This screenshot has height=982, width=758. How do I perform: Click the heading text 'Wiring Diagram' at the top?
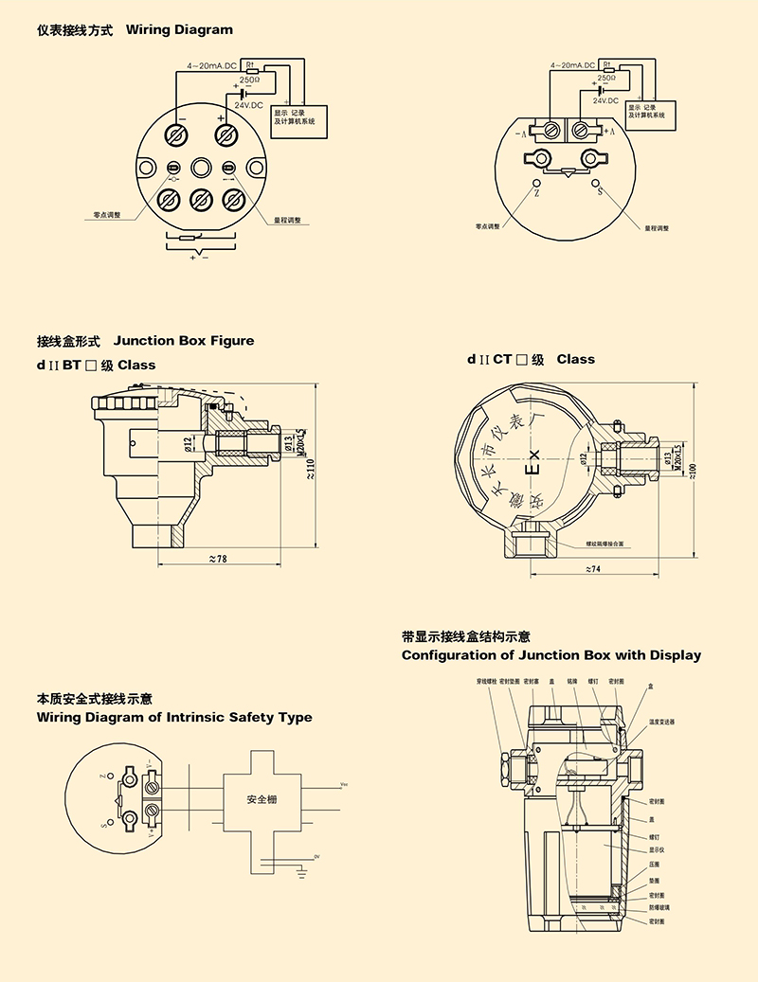click(179, 30)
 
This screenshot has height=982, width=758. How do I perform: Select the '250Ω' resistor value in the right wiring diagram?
click(606, 79)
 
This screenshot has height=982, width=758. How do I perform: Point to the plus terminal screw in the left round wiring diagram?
click(225, 135)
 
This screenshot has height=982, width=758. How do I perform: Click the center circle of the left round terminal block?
click(200, 169)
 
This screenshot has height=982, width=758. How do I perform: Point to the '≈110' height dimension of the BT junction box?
click(312, 467)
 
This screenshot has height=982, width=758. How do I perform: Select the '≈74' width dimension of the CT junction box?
click(594, 568)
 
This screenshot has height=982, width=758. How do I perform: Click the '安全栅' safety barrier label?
click(262, 800)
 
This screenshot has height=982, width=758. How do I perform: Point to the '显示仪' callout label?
click(655, 850)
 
